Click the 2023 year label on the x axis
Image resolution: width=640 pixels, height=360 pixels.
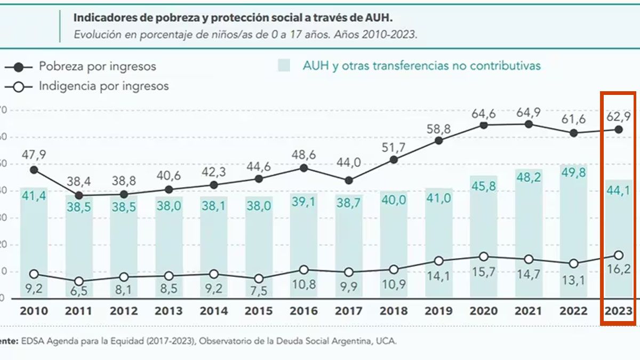pos(619,311)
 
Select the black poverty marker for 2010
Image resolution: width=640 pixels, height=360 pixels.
pos(34,170)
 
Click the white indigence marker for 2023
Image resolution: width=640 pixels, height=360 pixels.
pos(619,255)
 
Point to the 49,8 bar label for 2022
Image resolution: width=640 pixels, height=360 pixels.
pos(574,177)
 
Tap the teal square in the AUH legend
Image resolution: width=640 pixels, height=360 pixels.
pos(284,66)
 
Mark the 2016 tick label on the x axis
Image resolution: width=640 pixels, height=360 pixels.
pos(303,311)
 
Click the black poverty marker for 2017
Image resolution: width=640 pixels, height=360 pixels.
pos(349,181)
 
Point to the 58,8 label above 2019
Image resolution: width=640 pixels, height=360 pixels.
pos(438,129)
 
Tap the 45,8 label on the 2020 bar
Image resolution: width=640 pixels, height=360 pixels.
pos(484,187)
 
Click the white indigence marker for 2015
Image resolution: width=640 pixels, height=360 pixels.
pos(259,278)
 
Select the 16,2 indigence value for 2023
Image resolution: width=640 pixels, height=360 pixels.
pos(619,269)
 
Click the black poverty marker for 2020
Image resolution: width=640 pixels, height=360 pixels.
pos(484,125)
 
